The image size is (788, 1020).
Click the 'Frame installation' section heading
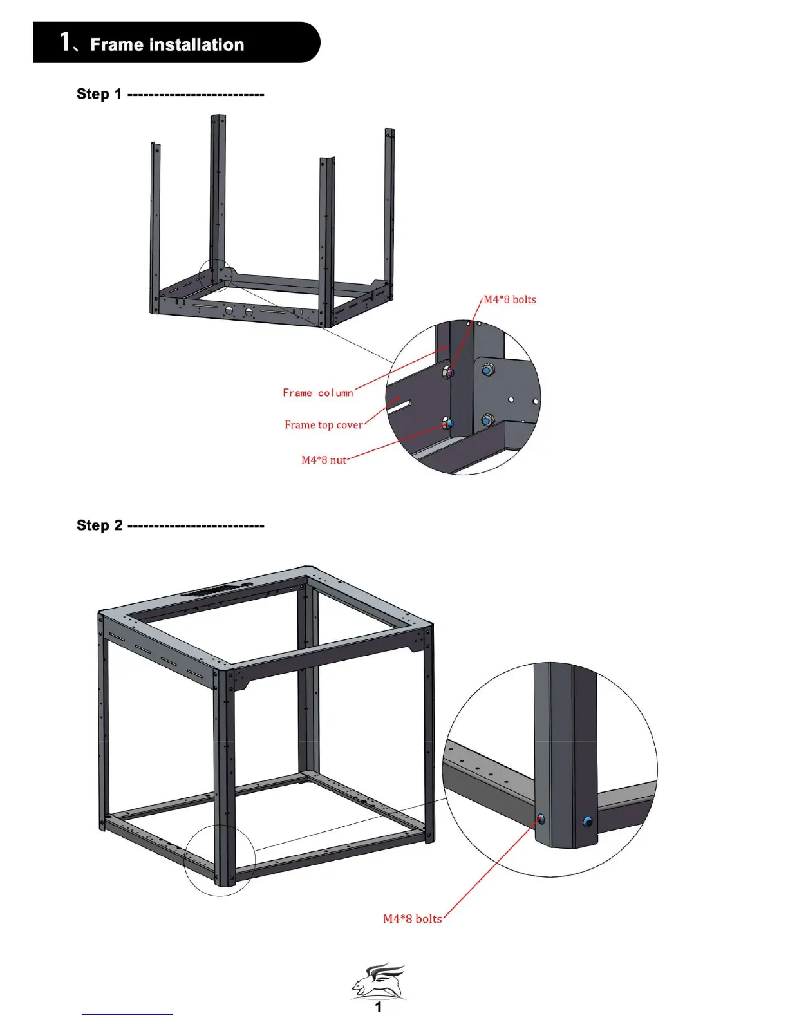pos(167,44)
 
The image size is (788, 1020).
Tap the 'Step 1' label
pos(98,94)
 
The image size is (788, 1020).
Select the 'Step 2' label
pos(99,525)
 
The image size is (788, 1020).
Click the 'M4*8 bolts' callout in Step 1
pos(509,299)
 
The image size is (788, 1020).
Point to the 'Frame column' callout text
pos(317,393)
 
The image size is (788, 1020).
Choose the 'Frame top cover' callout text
pos(323,425)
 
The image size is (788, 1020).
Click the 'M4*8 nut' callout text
pos(323,460)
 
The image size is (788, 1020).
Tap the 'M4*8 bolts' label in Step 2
pos(412,919)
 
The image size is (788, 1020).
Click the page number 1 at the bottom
pos(379,1007)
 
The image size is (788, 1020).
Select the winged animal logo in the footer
pos(379,980)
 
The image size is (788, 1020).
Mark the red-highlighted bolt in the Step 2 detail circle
pos(540,819)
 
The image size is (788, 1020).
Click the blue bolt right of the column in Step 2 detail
pos(587,822)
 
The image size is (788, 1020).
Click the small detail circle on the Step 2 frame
pos(220,860)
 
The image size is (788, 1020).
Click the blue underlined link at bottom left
pos(127,1014)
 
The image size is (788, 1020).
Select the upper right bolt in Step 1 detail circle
pos(488,370)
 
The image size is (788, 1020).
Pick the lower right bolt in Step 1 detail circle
pos(487,421)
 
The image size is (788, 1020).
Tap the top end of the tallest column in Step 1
pos(218,117)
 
